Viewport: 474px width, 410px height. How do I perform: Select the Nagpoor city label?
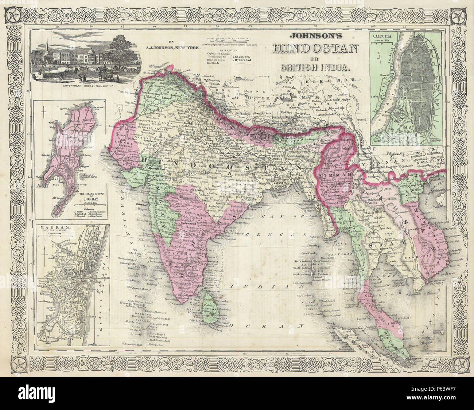tap(197, 190)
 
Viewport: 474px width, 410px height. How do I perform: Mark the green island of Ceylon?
tap(212, 310)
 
